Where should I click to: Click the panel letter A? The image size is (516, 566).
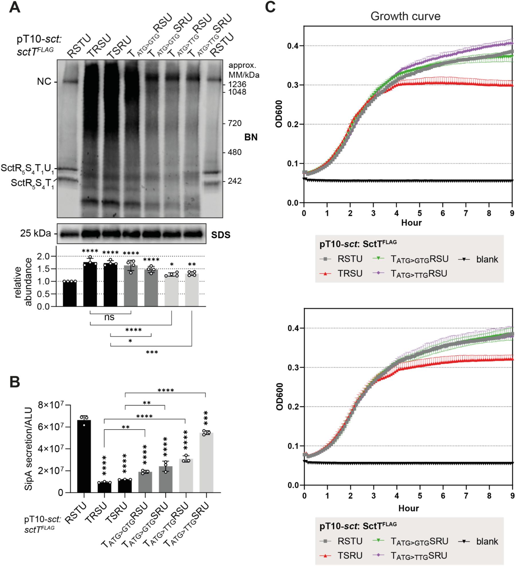coord(15,7)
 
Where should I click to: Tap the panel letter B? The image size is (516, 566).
coord(15,382)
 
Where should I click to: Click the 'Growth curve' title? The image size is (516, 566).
coord(405,16)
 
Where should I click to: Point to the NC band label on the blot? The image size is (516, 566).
coord(44,82)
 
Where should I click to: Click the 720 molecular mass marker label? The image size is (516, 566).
coord(234,123)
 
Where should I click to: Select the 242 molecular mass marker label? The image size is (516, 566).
coord(234,181)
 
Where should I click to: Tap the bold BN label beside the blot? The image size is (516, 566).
coord(251,137)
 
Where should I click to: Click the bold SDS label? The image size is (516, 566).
coord(221,235)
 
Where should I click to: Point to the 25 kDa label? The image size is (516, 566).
coord(35,233)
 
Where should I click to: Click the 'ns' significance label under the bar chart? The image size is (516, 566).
coord(109,317)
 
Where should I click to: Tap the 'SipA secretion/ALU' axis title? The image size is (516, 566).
coord(28,449)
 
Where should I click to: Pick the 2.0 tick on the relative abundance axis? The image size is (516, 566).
coord(43,256)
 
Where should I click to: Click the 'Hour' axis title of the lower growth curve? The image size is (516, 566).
coord(408,508)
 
